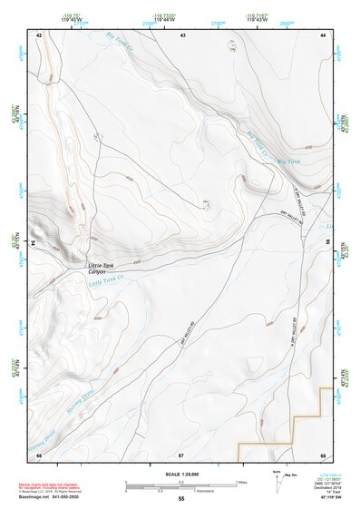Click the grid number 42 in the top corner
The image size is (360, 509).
click(39, 34)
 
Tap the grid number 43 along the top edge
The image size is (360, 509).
click(182, 34)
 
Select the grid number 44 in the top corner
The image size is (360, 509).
click(324, 34)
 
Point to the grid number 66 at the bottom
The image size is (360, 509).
click(39, 455)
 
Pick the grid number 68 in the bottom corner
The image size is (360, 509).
click(322, 455)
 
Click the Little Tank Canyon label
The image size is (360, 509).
click(101, 269)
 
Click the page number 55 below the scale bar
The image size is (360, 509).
click(181, 499)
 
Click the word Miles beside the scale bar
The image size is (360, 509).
click(243, 482)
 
